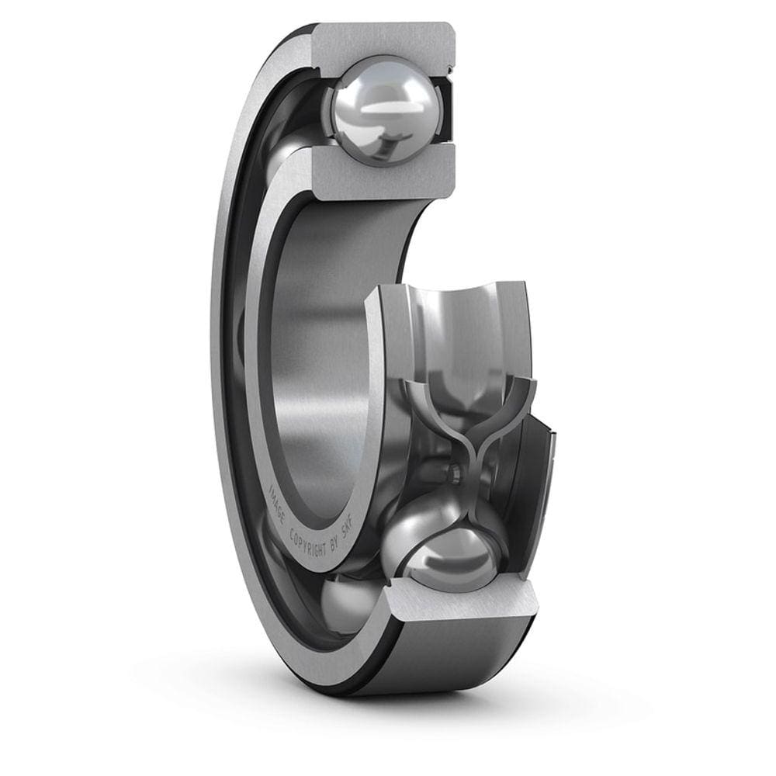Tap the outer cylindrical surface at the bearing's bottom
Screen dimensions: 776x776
click(x=435, y=667)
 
